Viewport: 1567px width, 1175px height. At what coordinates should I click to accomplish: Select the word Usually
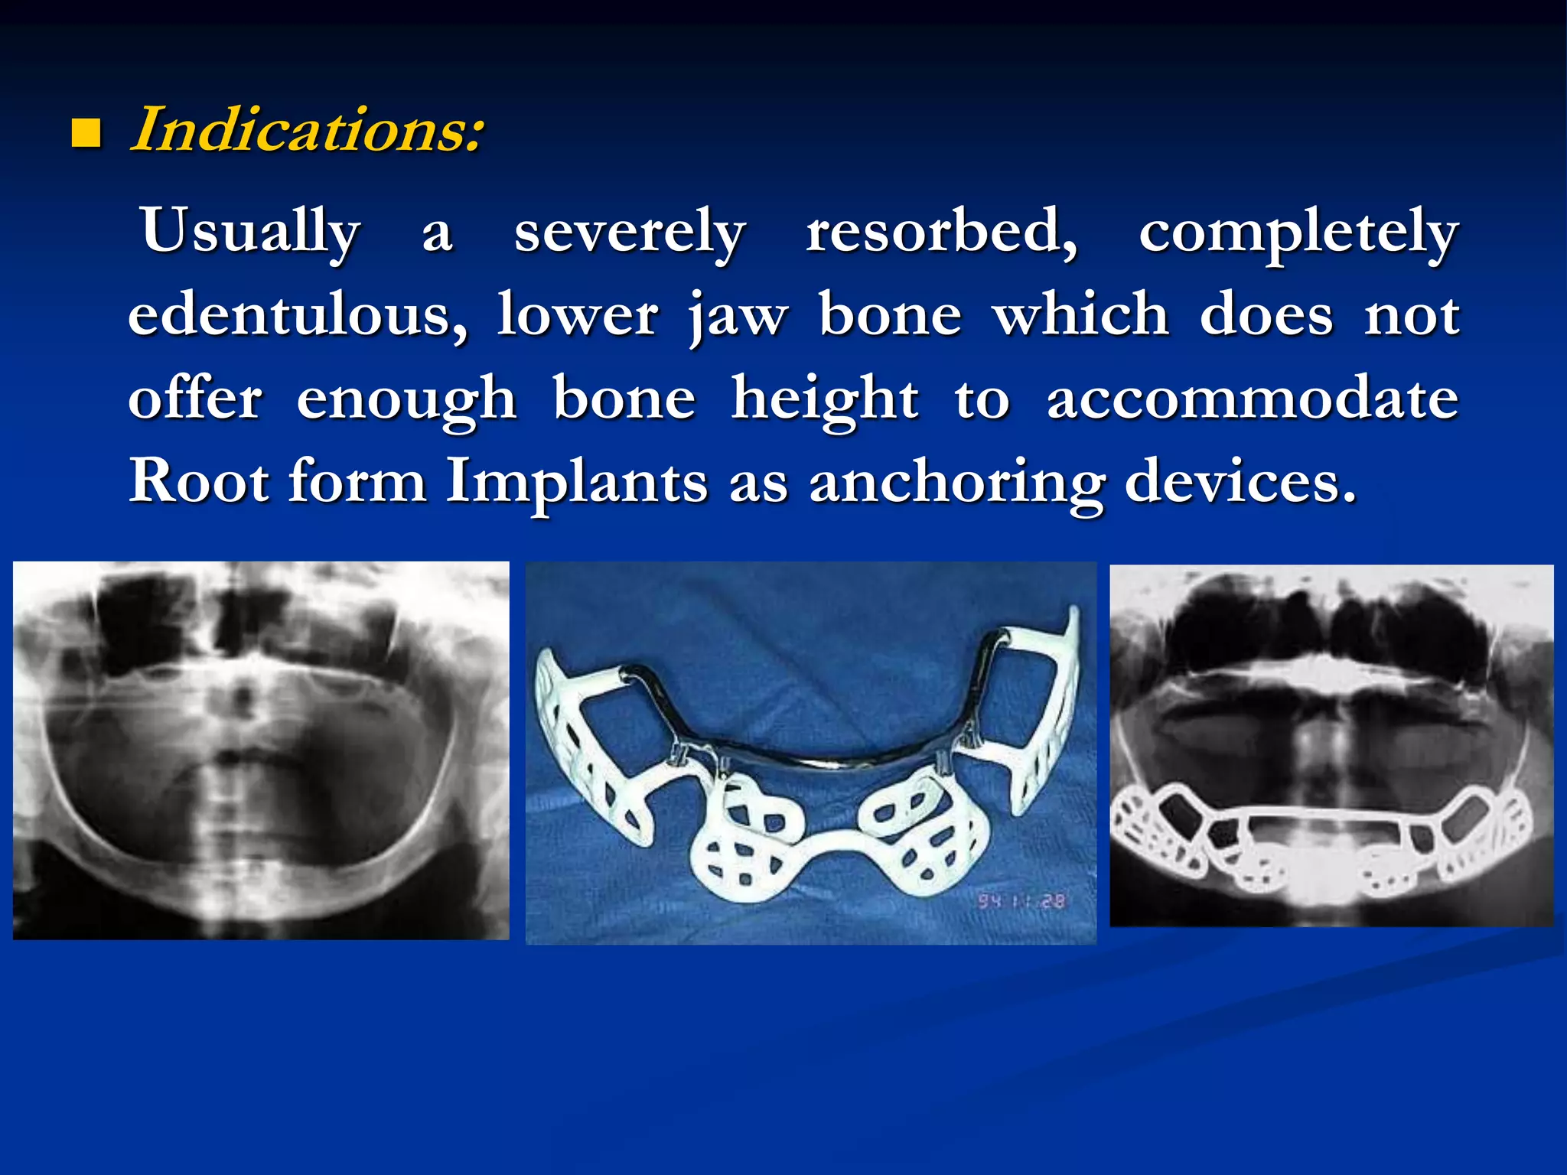(x=250, y=232)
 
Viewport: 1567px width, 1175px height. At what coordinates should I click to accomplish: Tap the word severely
(x=629, y=232)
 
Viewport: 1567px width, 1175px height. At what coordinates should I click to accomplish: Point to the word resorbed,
(x=941, y=232)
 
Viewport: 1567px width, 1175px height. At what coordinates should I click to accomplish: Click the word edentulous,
(x=298, y=315)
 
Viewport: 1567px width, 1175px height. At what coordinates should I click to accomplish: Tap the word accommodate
(x=1253, y=399)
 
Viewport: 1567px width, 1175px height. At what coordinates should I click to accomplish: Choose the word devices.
(x=1240, y=482)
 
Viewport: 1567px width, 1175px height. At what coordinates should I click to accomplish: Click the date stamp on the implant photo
(x=1021, y=901)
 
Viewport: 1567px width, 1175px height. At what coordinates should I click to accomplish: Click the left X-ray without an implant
(x=261, y=750)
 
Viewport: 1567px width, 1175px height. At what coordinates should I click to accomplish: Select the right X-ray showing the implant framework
(x=1331, y=746)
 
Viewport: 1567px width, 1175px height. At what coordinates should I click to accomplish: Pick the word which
(x=1081, y=315)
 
